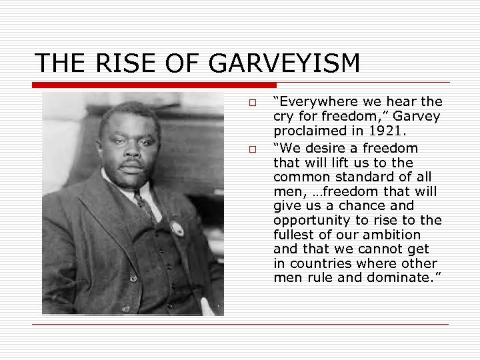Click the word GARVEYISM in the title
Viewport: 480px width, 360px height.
click(285, 63)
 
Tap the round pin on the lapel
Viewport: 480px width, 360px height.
click(177, 228)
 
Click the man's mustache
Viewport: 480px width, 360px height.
click(132, 161)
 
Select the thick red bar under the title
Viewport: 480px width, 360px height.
click(155, 85)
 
